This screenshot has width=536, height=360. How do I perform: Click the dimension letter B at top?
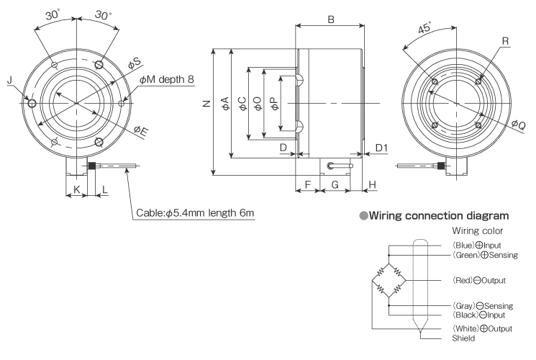click(330, 19)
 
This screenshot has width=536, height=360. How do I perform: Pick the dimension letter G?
click(335, 185)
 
